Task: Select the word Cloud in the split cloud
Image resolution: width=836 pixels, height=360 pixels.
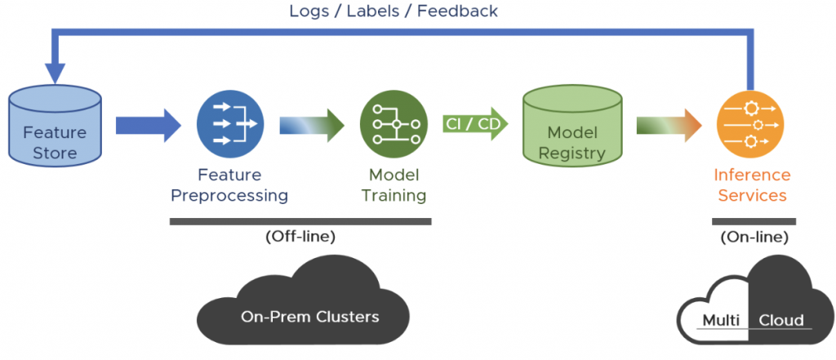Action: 781,319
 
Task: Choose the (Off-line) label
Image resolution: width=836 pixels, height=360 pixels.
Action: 300,237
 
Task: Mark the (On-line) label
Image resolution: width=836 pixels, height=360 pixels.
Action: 754,238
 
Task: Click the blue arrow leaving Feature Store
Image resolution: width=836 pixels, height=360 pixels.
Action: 147,125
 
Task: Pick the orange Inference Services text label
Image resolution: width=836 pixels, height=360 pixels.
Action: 751,185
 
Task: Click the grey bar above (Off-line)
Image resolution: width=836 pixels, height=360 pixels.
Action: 300,220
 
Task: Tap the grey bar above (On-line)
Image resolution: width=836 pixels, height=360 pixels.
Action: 754,220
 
